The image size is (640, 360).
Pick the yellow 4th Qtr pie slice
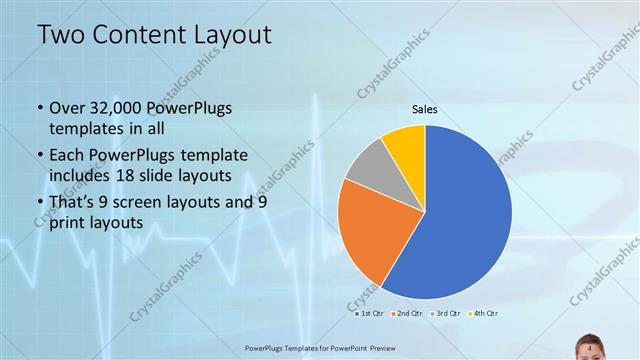(x=406, y=144)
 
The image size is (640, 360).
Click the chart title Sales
(x=425, y=110)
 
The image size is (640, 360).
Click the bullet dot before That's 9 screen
(x=39, y=204)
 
